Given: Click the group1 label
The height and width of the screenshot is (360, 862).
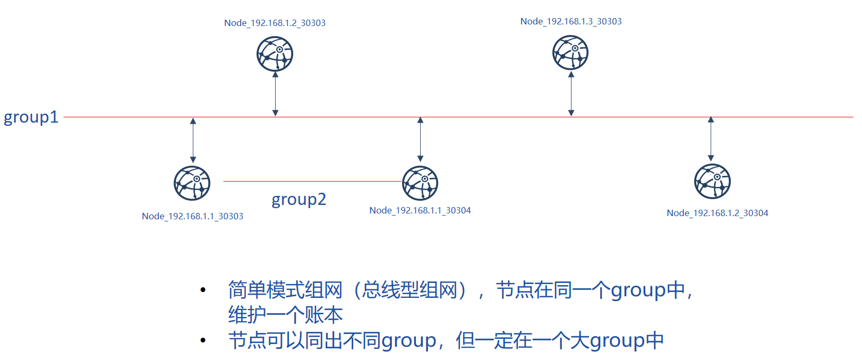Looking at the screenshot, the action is tap(31, 117).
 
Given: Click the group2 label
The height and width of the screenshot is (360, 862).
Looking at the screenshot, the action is tap(299, 200).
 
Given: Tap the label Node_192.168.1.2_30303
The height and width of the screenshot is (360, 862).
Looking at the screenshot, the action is tap(275, 23).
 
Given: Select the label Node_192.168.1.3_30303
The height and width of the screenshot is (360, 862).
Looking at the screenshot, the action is tap(571, 22).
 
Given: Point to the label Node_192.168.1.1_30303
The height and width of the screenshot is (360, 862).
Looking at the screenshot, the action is tap(192, 216).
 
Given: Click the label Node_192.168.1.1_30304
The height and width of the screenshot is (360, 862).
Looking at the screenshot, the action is tap(420, 210).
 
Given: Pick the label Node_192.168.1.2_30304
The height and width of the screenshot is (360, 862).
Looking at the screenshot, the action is tap(718, 213).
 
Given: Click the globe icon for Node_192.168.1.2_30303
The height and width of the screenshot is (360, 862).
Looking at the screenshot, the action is tap(275, 54).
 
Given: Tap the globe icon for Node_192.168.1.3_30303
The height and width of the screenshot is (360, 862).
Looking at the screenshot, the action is tap(570, 53).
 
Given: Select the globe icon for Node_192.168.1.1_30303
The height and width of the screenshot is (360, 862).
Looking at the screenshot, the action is tap(192, 183).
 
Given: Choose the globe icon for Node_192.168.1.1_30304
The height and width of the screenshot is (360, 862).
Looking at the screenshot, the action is tap(420, 183).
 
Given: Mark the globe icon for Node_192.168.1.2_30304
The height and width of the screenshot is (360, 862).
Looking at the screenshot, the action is tap(712, 182).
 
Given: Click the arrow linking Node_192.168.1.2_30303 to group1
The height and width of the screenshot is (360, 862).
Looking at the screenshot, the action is tap(275, 94).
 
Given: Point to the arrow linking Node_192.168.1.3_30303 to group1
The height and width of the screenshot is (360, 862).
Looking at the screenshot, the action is tap(571, 93).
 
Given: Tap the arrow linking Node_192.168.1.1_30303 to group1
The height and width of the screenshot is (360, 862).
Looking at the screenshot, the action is tap(193, 140).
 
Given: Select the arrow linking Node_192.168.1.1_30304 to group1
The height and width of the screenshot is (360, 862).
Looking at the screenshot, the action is tap(420, 139).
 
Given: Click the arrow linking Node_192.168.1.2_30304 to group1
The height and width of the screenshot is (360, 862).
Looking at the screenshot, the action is tap(711, 139).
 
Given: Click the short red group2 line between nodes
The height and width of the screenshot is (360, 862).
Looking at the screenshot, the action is tap(312, 181).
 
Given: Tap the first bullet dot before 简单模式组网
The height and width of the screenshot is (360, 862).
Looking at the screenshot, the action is tap(203, 290).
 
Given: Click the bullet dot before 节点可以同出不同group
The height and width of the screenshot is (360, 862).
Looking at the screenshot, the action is tap(203, 340).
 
